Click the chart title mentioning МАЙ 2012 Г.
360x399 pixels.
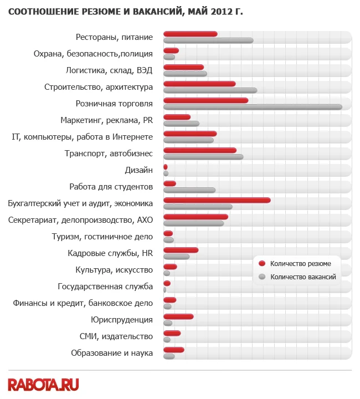125,12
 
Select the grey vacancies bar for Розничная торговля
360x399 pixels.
253,107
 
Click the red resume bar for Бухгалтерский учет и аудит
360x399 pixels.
217,200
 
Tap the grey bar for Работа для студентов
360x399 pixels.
189,190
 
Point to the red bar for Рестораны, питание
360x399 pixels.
191,34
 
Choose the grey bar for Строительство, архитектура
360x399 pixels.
210,90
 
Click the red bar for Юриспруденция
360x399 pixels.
178,316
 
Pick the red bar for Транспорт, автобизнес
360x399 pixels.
200,150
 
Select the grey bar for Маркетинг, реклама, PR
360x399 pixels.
181,124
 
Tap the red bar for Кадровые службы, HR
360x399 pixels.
181,250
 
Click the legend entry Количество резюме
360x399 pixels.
296,264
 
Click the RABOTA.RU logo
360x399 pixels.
43,383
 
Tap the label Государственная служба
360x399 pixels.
105,287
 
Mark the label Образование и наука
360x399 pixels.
112,353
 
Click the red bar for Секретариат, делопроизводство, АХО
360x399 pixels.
196,217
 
